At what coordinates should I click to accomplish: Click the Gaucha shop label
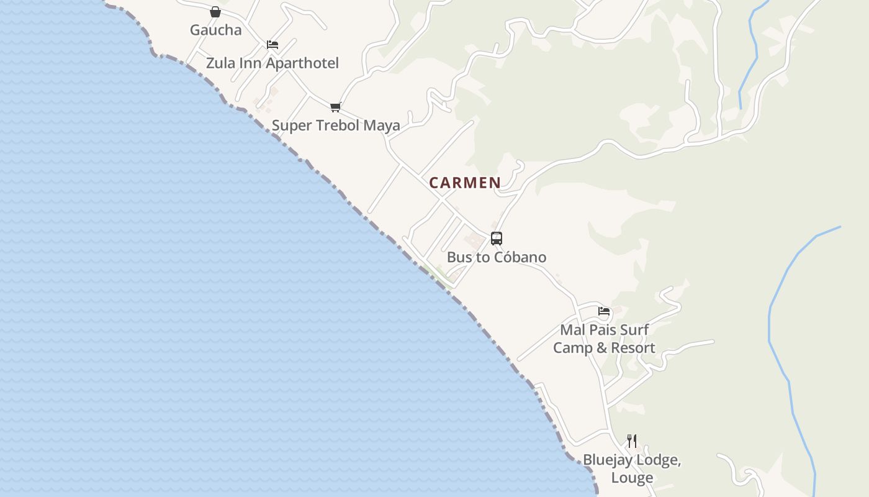click(x=215, y=30)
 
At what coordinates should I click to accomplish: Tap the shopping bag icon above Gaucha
click(x=215, y=12)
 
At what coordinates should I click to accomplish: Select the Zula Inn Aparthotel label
click(x=272, y=63)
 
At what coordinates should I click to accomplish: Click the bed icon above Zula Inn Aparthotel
click(x=272, y=45)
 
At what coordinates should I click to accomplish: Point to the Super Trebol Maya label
click(x=336, y=125)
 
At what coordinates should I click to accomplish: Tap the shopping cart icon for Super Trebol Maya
click(x=336, y=107)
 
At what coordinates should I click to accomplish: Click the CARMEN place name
click(x=465, y=183)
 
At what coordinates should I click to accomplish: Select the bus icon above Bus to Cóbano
click(x=496, y=239)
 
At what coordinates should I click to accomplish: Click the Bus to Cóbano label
click(x=497, y=257)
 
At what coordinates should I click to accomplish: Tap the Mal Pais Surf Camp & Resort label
click(x=604, y=339)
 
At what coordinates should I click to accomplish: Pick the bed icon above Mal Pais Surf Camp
click(x=604, y=311)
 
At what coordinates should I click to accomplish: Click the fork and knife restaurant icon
click(x=632, y=441)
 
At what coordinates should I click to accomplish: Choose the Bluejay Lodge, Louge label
click(x=632, y=468)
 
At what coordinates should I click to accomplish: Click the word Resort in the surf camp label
click(x=632, y=348)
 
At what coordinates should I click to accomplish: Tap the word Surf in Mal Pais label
click(x=634, y=330)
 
